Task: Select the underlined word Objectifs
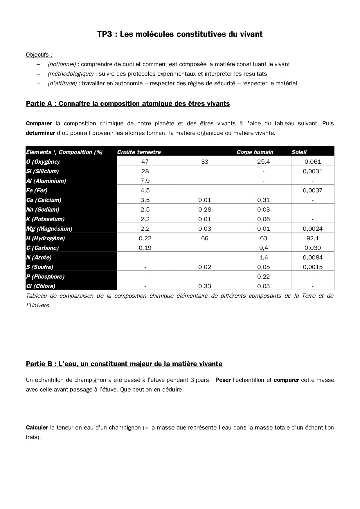pyautogui.click(x=39, y=55)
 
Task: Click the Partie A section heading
pyautogui.click(x=128, y=104)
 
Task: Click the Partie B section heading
pyautogui.click(x=124, y=364)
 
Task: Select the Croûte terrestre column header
pyautogui.click(x=139, y=152)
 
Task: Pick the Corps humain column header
pyautogui.click(x=255, y=152)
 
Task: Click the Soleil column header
pyautogui.click(x=299, y=152)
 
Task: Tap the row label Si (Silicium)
pyautogui.click(x=42, y=171)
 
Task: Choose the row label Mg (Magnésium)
pyautogui.click(x=49, y=229)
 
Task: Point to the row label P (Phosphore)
pyautogui.click(x=45, y=277)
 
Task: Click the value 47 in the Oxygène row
pyautogui.click(x=145, y=162)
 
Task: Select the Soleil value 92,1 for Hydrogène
pyautogui.click(x=312, y=238)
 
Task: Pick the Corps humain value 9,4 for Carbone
pyautogui.click(x=263, y=248)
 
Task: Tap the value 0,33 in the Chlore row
pyautogui.click(x=205, y=286)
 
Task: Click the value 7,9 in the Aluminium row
pyautogui.click(x=145, y=181)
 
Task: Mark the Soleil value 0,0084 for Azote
pyautogui.click(x=312, y=257)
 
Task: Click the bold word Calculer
pyautogui.click(x=37, y=427)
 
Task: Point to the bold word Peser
pyautogui.click(x=223, y=380)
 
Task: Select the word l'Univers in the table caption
pyautogui.click(x=37, y=305)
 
